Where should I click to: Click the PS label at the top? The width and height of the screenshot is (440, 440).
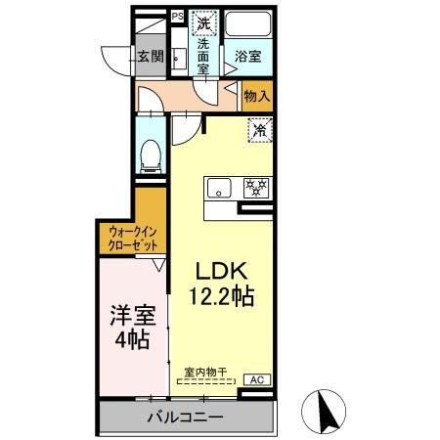178,16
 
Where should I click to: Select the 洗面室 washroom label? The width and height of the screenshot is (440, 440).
203,57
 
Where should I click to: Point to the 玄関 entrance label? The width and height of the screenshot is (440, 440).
150,56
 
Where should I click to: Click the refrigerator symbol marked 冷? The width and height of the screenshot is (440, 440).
260,129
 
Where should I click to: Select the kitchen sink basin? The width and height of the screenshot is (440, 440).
216,187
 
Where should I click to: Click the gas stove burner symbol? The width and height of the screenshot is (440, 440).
256,187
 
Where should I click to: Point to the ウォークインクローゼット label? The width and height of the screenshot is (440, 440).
130,239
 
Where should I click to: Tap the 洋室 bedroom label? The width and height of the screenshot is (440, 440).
131,316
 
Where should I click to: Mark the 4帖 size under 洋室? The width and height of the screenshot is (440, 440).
131,341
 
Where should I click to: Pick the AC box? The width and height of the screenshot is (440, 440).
258,380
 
